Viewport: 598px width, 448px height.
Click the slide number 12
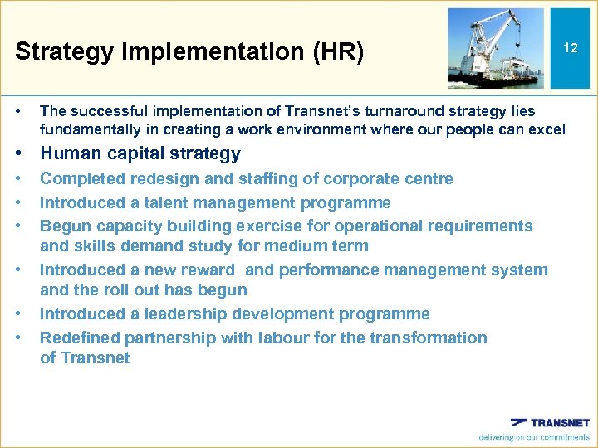[x=570, y=48]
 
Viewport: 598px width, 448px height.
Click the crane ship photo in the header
[x=496, y=48]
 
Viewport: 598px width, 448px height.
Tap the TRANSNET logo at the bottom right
[x=549, y=422]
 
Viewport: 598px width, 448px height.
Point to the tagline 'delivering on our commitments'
[x=533, y=437]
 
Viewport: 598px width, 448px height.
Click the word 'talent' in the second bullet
[x=168, y=202]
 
